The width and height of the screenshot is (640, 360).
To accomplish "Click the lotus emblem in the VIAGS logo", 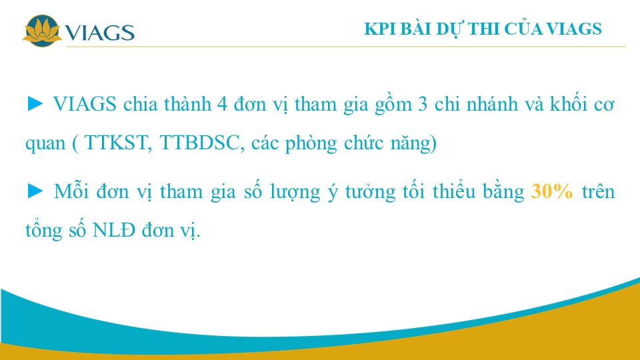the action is (x=42, y=31).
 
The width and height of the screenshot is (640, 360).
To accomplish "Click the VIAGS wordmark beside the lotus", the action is (x=99, y=33).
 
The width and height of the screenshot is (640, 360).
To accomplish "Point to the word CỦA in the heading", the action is (x=523, y=28).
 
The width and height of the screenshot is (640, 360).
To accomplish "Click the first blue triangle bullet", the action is (x=35, y=104).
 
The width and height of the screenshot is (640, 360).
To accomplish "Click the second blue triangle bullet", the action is (x=35, y=191).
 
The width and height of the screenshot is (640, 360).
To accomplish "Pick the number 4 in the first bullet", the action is (x=222, y=104).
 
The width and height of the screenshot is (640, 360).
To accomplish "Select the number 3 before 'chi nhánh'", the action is (x=423, y=104).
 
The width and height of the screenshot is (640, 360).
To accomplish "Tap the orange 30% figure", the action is (x=552, y=191).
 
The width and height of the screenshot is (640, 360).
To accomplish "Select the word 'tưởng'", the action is (x=370, y=191).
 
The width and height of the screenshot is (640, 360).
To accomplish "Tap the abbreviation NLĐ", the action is (x=114, y=230).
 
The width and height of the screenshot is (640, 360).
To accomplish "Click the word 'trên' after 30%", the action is (x=598, y=191).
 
